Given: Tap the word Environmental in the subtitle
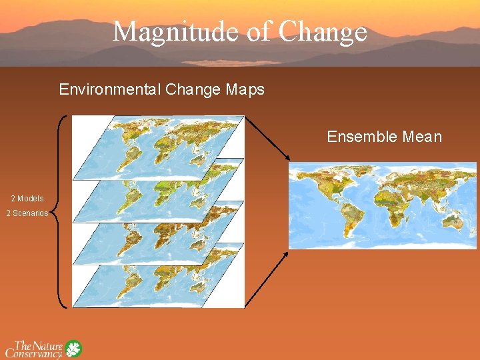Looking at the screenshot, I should (105, 89).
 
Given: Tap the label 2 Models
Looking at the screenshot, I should (27, 199).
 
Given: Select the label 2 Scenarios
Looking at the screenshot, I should (27, 213).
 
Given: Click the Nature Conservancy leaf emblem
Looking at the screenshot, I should (73, 349).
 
